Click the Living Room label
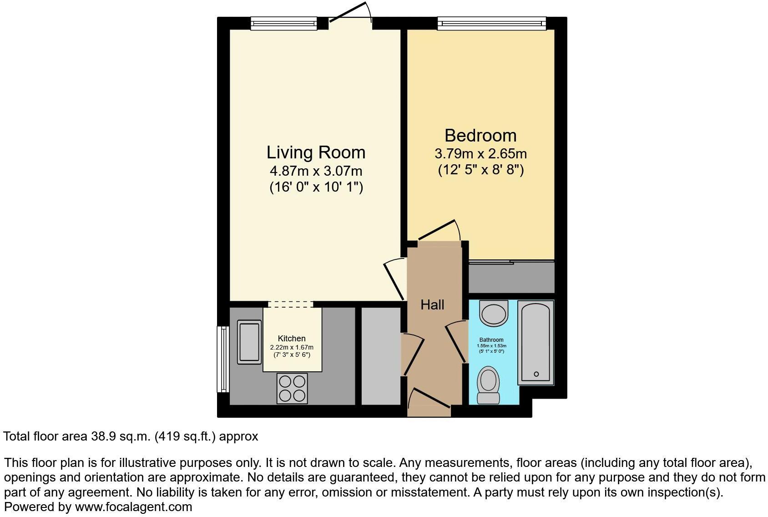[316, 152]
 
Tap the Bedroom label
[480, 136]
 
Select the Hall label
[432, 304]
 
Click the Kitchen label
[292, 339]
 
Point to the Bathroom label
[491, 340]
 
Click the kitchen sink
[249, 342]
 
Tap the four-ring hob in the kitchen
[292, 388]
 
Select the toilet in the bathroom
[489, 385]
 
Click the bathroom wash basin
[494, 313]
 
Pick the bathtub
[536, 342]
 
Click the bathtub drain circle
[536, 374]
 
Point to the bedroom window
[491, 23]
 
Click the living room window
[283, 23]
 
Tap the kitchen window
[222, 359]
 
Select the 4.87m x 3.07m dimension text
[316, 171]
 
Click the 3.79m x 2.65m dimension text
[480, 153]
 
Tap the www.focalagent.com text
[133, 507]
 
